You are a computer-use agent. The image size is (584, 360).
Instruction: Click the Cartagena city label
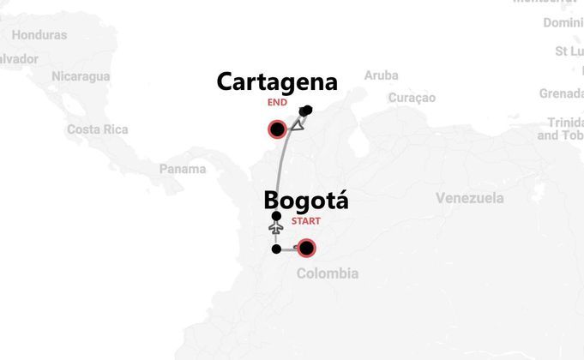tap(277, 82)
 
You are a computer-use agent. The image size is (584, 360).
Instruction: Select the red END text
tap(276, 102)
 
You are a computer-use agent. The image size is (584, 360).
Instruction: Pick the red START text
tap(306, 221)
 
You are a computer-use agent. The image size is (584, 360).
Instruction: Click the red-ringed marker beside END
tap(277, 130)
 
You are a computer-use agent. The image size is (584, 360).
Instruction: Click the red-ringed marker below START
tap(305, 249)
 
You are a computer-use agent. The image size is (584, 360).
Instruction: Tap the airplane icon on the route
tap(275, 230)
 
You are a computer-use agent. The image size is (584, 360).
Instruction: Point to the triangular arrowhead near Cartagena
tap(298, 125)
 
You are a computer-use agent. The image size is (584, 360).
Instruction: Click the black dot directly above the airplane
tap(275, 216)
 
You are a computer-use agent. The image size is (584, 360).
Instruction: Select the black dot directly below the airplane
tap(275, 249)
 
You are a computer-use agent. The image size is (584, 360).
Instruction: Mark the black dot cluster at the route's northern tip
tap(306, 111)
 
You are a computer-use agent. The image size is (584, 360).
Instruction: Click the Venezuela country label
tap(469, 199)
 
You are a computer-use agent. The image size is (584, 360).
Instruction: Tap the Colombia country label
tap(327, 273)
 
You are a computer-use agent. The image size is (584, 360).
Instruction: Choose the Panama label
tap(183, 169)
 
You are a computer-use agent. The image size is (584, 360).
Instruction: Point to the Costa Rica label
tap(98, 129)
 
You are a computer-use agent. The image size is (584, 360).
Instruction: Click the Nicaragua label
tap(81, 76)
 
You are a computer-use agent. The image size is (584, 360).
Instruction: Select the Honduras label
tap(39, 35)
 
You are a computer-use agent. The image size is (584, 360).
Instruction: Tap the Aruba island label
tap(381, 75)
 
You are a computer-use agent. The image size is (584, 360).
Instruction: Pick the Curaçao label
tap(412, 98)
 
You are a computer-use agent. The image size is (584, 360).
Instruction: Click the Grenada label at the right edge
tap(561, 93)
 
